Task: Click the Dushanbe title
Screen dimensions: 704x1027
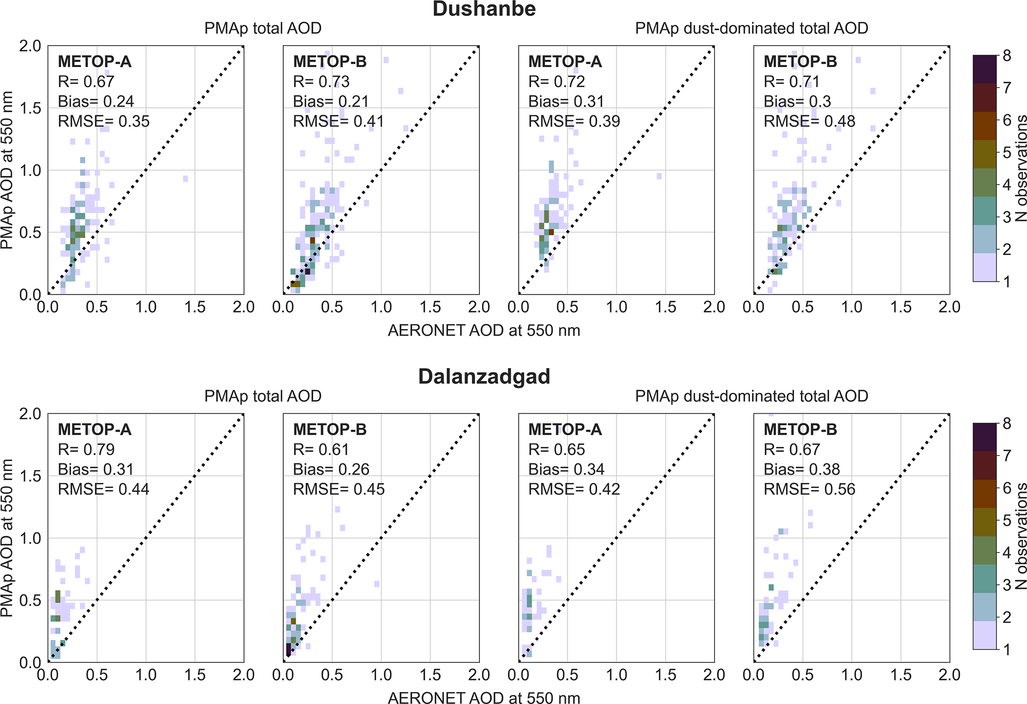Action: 484,9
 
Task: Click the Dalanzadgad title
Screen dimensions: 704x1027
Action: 484,377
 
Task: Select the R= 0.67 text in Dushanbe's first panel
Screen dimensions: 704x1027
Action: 86,81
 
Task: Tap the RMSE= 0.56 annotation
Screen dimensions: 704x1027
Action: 809,489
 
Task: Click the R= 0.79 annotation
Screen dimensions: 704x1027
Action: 86,450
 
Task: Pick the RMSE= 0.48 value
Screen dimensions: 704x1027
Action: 809,121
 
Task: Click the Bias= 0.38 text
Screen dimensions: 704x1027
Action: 801,469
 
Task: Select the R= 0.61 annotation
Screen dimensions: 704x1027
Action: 321,450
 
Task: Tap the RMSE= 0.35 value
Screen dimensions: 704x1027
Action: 103,121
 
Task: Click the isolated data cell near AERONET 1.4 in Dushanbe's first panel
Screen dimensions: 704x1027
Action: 185,178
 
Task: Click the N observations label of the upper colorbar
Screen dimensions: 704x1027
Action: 1020,168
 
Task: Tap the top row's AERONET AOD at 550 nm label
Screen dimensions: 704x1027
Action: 484,330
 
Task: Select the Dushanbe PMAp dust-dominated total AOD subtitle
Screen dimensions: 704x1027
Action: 751,28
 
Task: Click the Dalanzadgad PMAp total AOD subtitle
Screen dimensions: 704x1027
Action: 263,396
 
